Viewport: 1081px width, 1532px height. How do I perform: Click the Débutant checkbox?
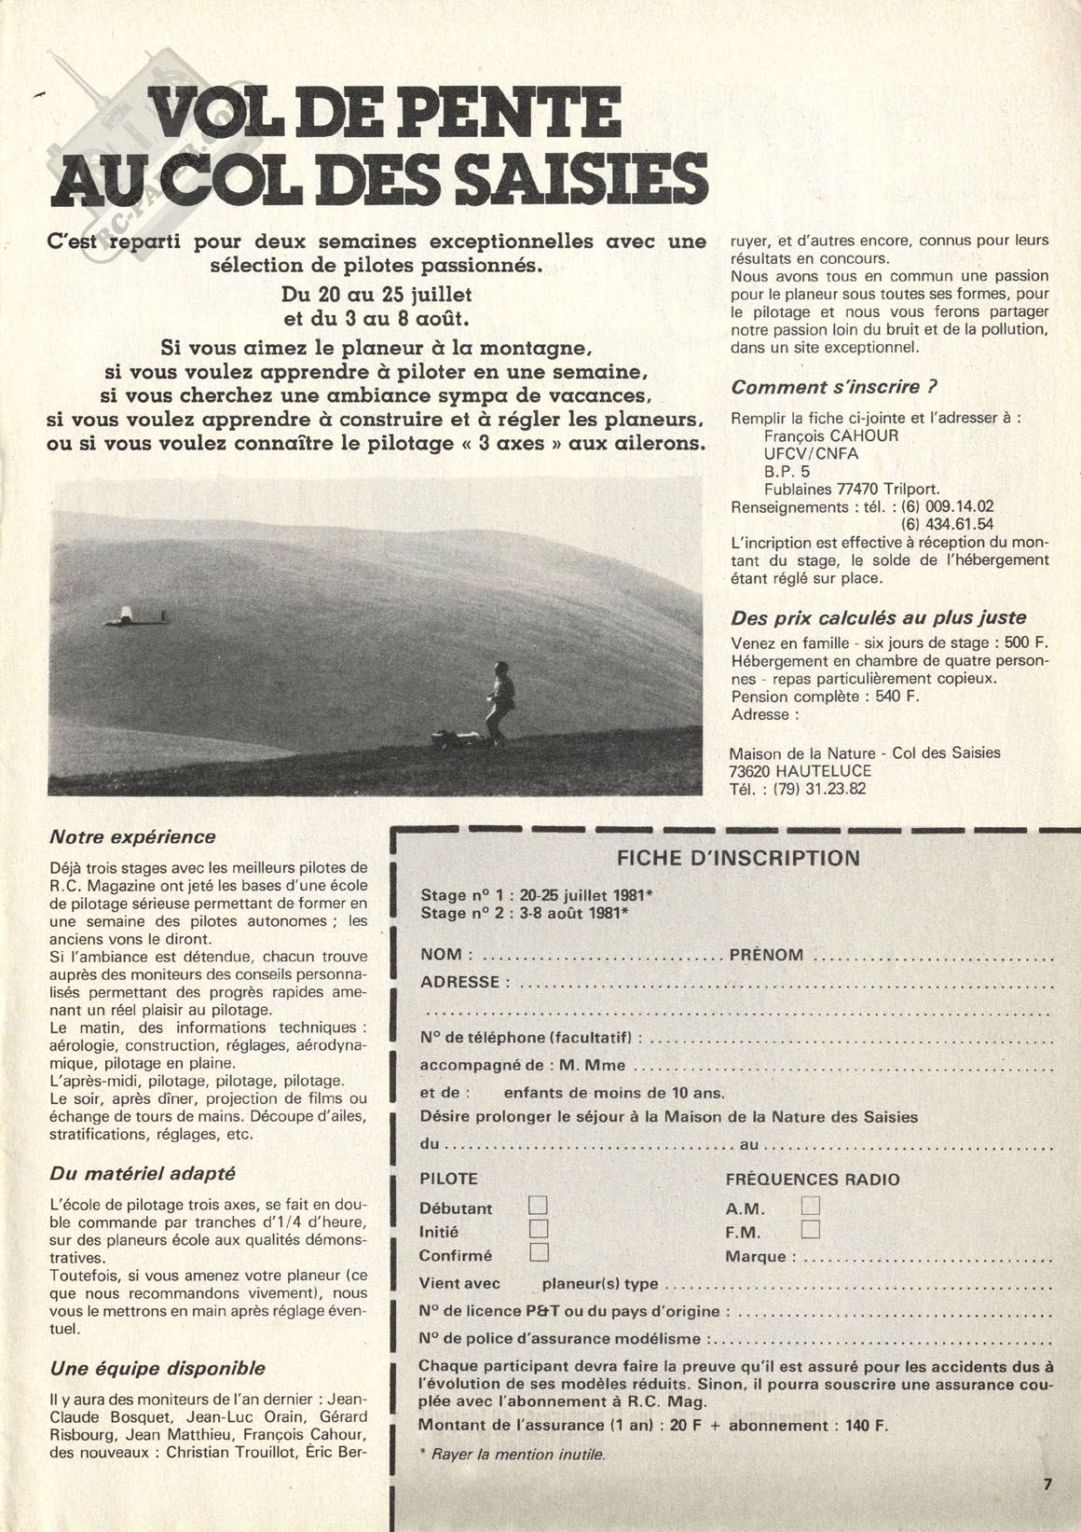(x=539, y=1208)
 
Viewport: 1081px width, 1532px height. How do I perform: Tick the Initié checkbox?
(x=539, y=1231)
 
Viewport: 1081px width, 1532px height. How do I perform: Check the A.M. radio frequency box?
(x=810, y=1207)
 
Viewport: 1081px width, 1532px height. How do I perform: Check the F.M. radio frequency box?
(x=810, y=1230)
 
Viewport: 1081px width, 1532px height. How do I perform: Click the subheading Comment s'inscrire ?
(x=833, y=387)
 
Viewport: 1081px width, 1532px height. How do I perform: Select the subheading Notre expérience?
(x=131, y=837)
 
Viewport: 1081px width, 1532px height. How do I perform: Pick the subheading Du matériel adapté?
(x=142, y=1173)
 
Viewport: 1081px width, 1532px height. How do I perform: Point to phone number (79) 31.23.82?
(x=813, y=788)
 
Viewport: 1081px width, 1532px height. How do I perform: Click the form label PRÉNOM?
(x=766, y=955)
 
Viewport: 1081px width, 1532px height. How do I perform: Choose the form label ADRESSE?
(x=459, y=982)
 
